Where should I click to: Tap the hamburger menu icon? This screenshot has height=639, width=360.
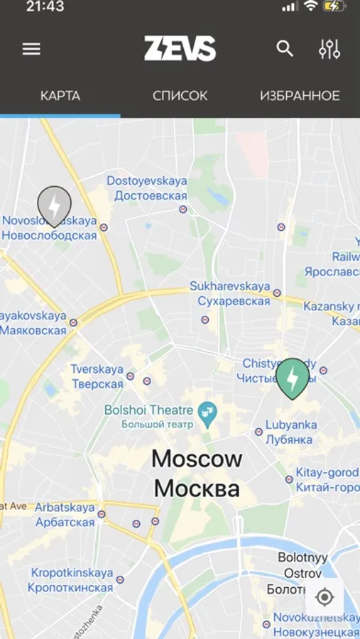pos(31,49)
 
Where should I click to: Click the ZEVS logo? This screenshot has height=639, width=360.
pos(180,49)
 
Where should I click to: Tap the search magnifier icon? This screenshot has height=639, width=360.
pos(285,49)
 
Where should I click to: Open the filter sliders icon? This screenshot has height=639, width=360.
pos(329,49)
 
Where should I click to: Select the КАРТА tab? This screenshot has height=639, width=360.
pos(60,96)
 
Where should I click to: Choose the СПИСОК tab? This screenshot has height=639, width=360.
pos(180,96)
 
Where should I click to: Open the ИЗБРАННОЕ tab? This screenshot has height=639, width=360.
pos(300,96)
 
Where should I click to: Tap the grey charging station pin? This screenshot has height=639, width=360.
pos(54,204)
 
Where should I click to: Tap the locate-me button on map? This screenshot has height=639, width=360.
pos(324,597)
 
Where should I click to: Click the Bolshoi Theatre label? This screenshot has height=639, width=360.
pos(148,417)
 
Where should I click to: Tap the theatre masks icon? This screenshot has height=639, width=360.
pos(207,416)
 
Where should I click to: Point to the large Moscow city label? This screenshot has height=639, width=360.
pos(197,474)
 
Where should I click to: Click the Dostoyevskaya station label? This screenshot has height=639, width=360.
pos(147,188)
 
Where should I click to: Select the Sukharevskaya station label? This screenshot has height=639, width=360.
pos(229,293)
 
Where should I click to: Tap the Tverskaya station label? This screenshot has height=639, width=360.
pos(97,377)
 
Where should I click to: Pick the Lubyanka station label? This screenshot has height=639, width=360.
pos(290,432)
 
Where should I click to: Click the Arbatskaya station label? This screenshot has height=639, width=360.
pos(65,515)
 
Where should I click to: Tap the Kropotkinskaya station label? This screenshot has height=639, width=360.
pos(71,580)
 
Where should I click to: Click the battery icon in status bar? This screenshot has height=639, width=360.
pos(334,6)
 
